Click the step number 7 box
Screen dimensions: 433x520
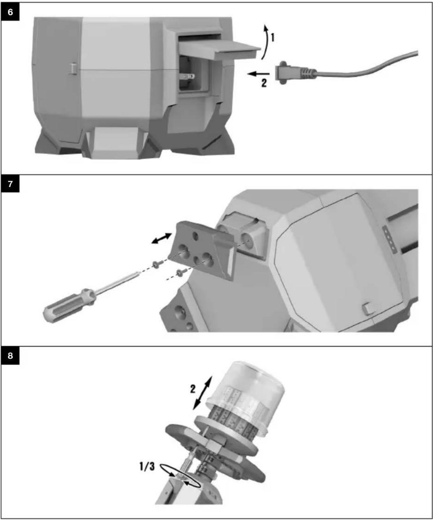(10, 184)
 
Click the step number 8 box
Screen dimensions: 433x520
(10, 356)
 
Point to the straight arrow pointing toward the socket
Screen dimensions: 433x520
(258, 73)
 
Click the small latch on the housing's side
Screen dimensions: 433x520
(73, 68)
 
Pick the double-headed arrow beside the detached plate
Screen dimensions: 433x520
(162, 238)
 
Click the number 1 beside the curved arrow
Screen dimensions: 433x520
(273, 38)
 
